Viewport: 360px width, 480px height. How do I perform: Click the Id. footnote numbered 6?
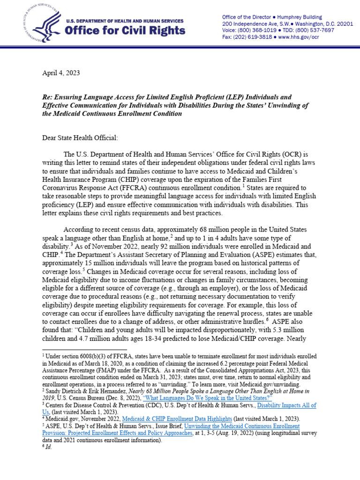pos(49,447)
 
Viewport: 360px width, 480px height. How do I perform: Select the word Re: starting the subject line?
pos(48,97)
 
